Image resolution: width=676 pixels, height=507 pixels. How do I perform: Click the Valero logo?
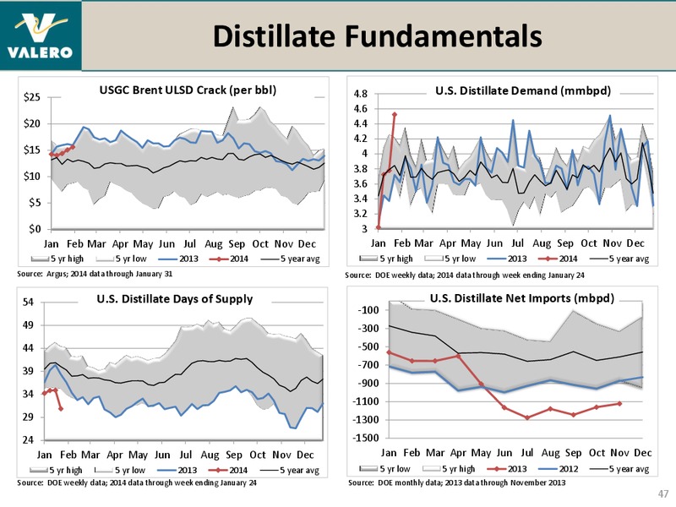tap(40, 35)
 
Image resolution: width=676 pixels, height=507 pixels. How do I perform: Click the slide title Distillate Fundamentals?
tap(377, 35)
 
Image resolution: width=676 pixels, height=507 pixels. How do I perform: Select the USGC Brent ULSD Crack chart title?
tap(188, 90)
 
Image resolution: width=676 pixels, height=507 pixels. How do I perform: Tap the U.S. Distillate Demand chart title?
tap(523, 90)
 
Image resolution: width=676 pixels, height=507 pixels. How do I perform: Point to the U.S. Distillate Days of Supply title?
tap(175, 299)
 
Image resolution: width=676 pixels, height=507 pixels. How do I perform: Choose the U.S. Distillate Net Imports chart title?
tap(522, 298)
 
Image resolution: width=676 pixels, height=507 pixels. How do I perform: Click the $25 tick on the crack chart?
tap(32, 97)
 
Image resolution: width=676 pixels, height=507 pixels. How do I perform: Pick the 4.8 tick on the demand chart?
tap(361, 94)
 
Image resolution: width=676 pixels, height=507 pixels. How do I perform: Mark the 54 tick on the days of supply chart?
tap(28, 302)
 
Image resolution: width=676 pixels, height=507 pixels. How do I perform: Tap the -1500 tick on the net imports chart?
tap(366, 438)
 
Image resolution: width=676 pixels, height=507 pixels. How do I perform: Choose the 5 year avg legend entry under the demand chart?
tap(619, 259)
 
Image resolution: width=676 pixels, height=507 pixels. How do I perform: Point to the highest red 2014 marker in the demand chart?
tap(395, 115)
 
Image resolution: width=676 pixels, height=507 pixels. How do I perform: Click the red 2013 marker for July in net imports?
tap(527, 417)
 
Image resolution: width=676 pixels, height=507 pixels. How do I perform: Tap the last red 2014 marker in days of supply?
tap(61, 408)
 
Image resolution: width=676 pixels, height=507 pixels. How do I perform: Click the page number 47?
tap(663, 493)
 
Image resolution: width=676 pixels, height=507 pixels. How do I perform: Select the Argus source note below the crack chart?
tap(95, 274)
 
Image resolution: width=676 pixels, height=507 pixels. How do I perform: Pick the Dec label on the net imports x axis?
tap(642, 453)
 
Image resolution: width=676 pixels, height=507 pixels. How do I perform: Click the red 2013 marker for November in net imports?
tap(619, 404)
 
